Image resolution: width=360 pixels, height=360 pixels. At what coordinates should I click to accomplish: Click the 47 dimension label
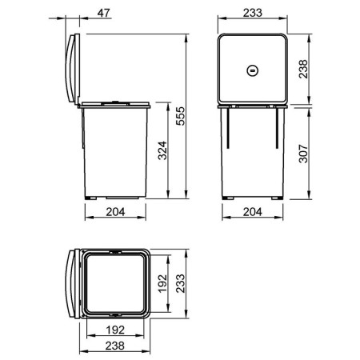(x=103, y=13)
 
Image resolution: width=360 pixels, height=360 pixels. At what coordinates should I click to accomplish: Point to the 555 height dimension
(x=181, y=116)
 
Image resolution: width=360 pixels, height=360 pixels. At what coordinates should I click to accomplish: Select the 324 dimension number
(x=162, y=150)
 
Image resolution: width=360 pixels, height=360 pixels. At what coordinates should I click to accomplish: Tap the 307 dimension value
(x=303, y=154)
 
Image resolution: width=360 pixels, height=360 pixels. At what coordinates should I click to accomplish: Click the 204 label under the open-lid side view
(x=115, y=212)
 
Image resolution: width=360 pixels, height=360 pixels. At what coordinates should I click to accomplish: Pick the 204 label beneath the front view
(x=253, y=212)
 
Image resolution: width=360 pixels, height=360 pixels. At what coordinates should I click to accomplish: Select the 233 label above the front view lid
(x=253, y=13)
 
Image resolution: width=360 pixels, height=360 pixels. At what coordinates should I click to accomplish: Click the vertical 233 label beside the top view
(x=181, y=283)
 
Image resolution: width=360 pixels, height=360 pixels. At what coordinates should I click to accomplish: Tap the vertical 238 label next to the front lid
(x=303, y=69)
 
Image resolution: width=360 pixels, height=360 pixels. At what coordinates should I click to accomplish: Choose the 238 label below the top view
(x=115, y=346)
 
